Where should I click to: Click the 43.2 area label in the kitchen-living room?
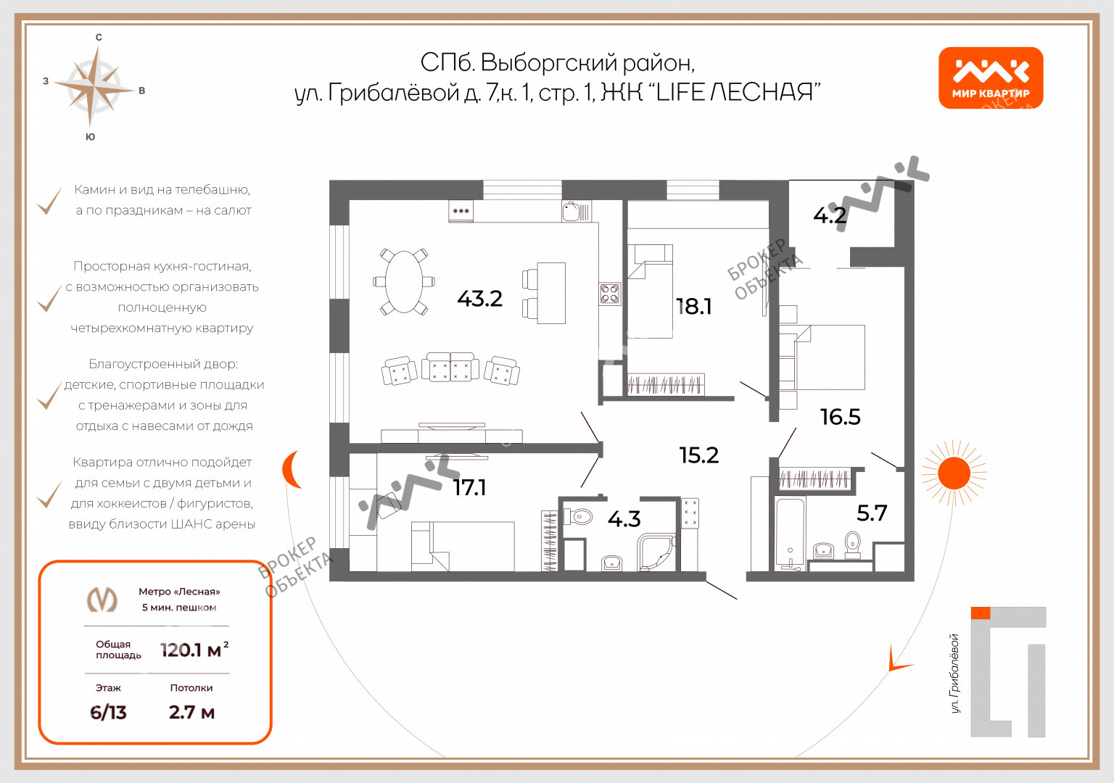point(479,299)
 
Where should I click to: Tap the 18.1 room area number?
point(694,306)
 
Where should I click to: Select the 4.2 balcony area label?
point(830,215)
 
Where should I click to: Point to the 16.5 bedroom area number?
point(840,417)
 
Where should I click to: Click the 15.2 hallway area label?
point(698,455)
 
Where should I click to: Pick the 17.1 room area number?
point(469,487)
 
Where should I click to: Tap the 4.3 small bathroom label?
point(624,519)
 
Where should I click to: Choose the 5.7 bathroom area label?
point(872,513)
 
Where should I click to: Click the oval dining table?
point(404,282)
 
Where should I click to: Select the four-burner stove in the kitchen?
point(610,294)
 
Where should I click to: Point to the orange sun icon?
point(954,473)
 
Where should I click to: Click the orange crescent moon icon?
point(290,469)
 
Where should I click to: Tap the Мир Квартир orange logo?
point(991,78)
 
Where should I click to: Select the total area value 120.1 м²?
point(194,650)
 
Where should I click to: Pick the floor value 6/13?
point(108,713)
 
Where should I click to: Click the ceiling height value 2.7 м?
point(191,713)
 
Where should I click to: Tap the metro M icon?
point(102,599)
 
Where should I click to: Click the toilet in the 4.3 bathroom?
point(578,516)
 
